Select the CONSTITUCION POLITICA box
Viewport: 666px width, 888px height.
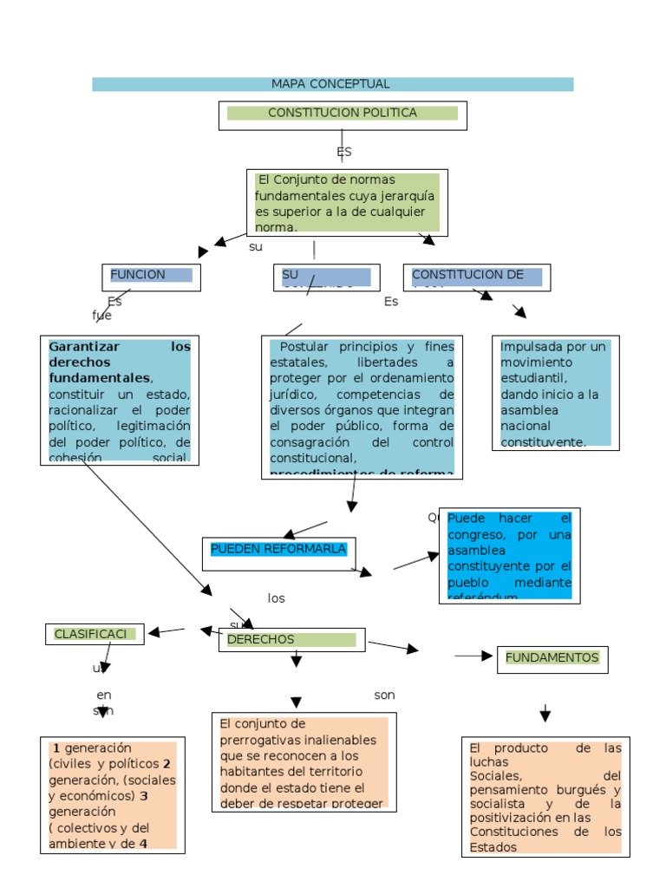(x=342, y=114)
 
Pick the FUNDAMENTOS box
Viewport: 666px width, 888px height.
(x=552, y=658)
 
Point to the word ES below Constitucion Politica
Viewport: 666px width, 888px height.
(x=344, y=152)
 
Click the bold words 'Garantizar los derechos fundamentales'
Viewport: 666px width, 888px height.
(x=119, y=362)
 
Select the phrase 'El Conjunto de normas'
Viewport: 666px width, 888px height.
(x=321, y=180)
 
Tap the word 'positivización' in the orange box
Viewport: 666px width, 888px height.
(x=513, y=817)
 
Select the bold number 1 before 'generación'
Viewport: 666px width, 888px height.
(x=56, y=748)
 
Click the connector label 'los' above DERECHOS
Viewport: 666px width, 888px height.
(x=277, y=598)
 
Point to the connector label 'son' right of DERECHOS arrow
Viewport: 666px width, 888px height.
(x=384, y=695)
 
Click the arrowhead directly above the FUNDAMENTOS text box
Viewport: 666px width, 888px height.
(x=545, y=715)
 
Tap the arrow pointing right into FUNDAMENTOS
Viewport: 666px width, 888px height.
(x=474, y=656)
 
